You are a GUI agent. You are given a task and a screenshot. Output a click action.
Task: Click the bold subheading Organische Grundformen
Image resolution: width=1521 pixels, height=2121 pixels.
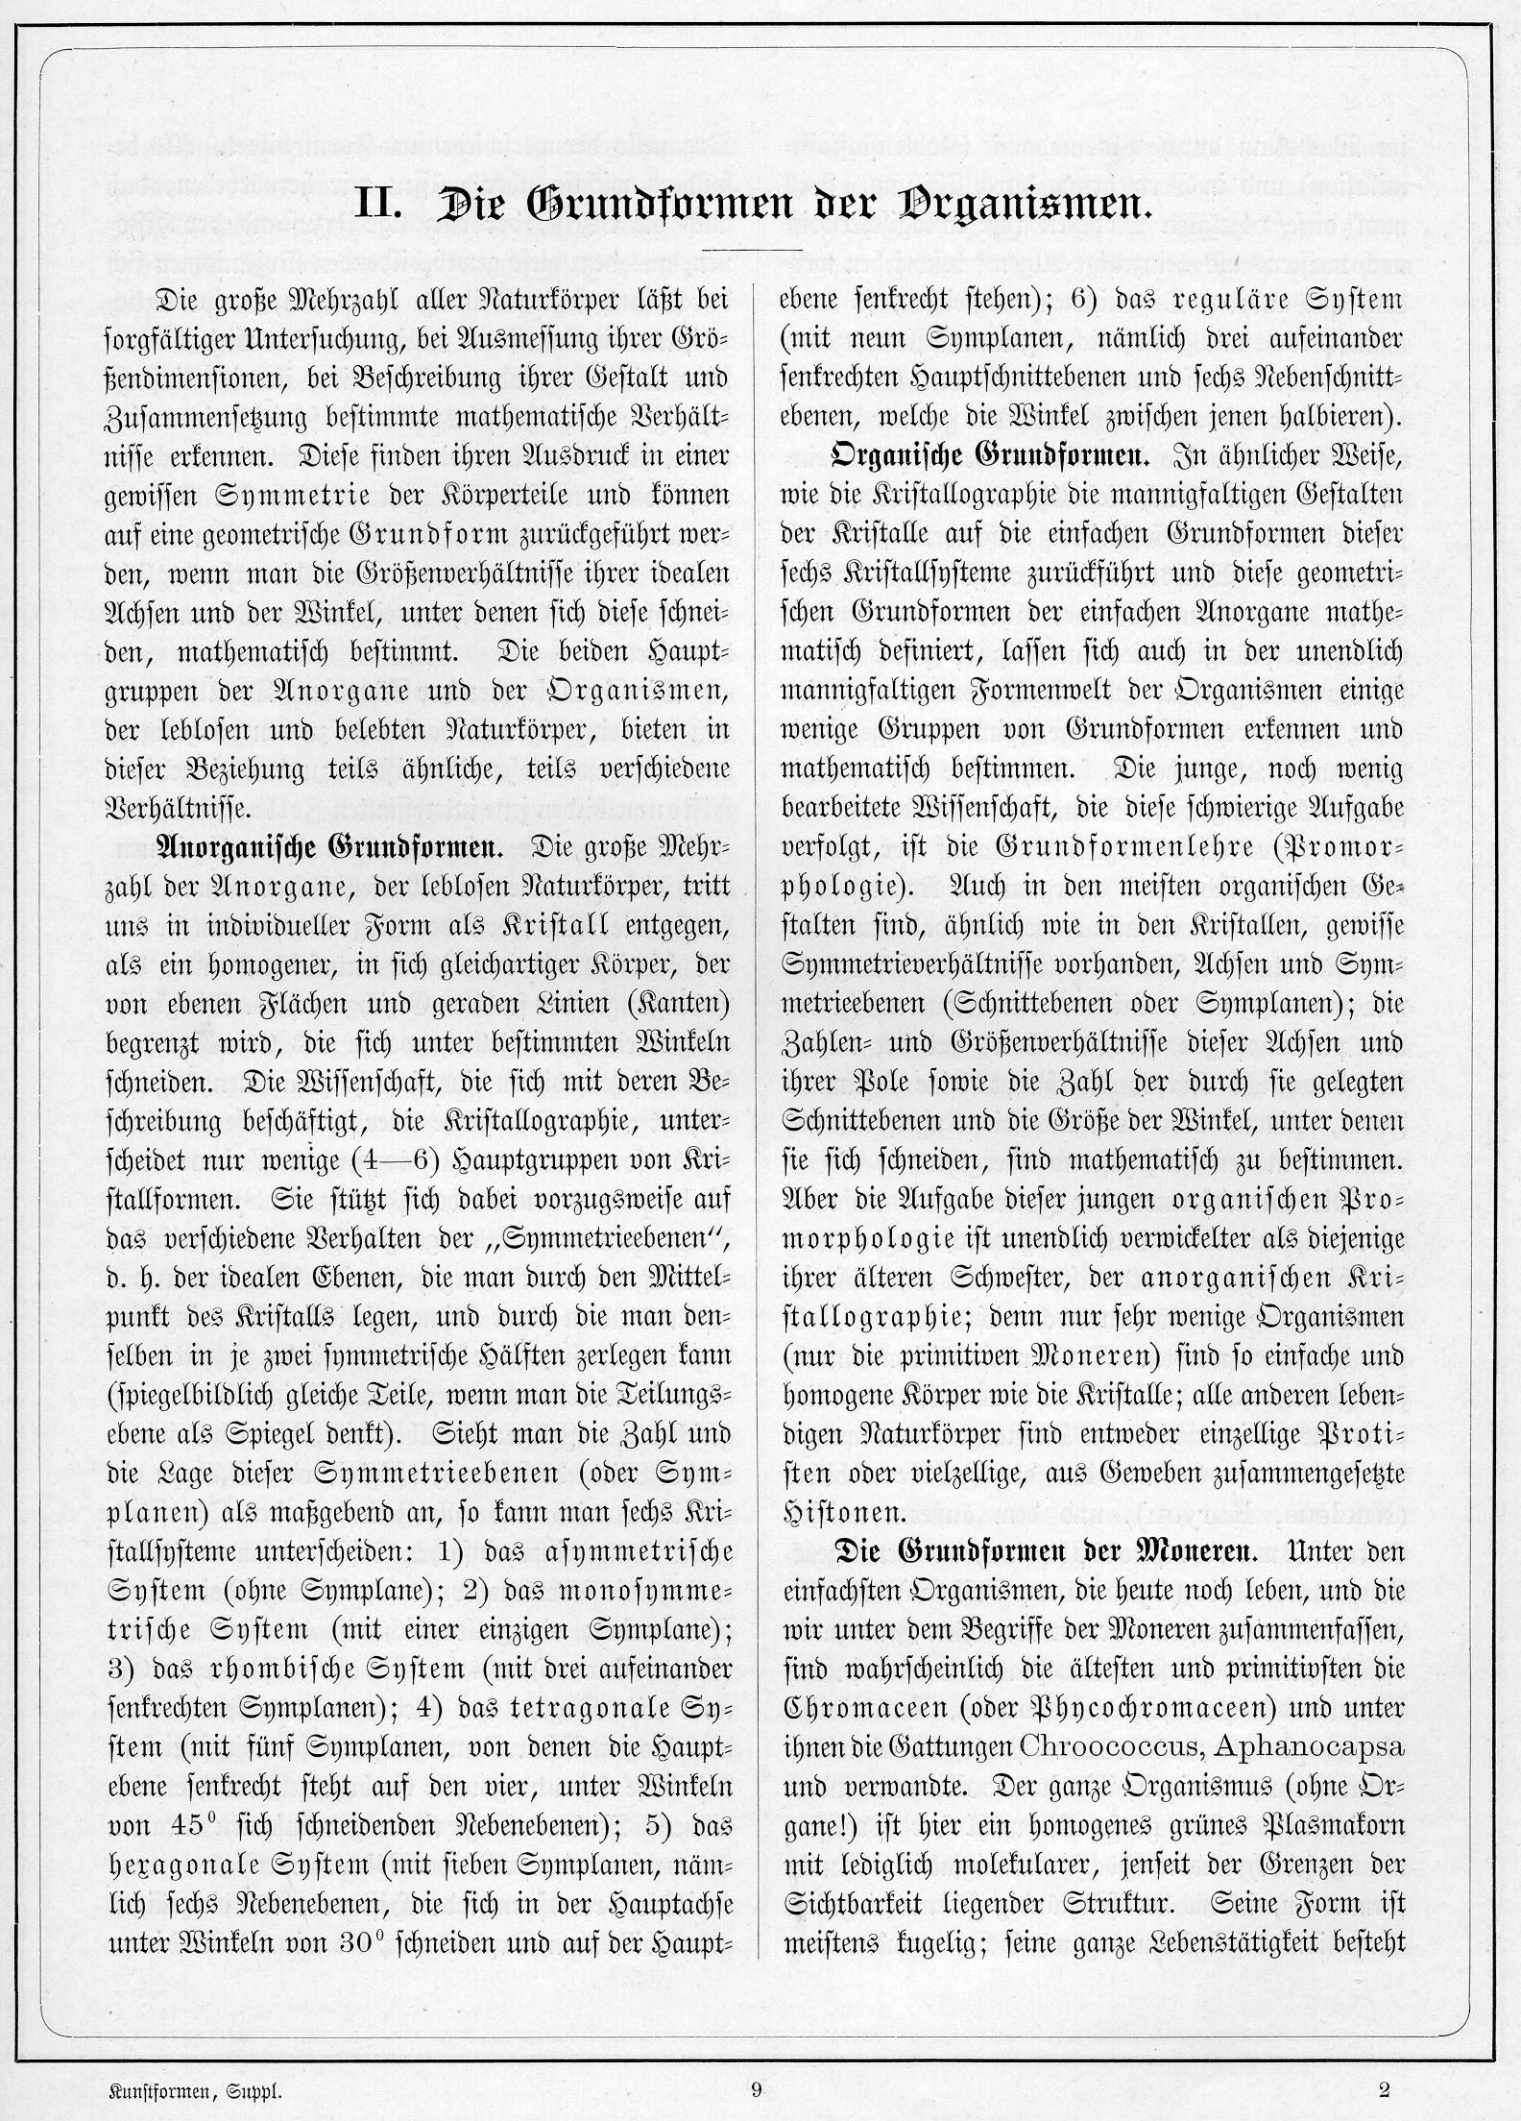tap(990, 454)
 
